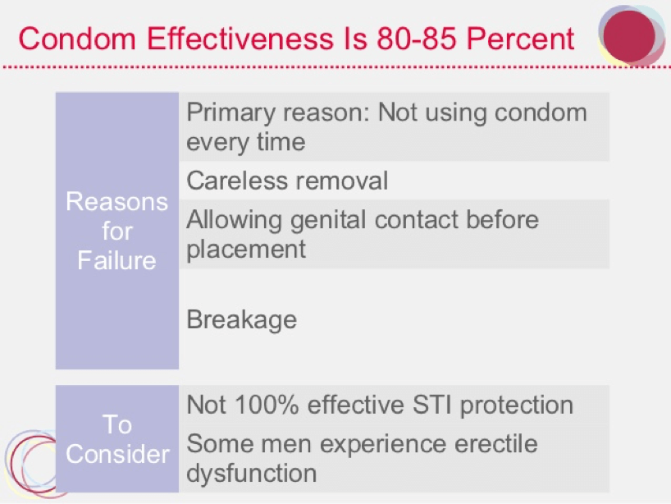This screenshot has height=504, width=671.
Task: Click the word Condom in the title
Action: (77, 39)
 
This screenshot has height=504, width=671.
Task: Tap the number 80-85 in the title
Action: (416, 39)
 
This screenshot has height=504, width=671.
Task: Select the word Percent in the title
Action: (520, 39)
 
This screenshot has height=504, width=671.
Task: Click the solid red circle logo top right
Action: (629, 36)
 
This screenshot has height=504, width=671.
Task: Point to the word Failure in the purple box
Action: (116, 260)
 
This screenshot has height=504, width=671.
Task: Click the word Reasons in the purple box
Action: (116, 201)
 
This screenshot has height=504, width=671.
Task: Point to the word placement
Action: (246, 250)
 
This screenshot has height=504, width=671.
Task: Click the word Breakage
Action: (242, 320)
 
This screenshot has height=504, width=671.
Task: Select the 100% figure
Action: (267, 405)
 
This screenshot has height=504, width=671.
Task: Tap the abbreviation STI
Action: (431, 405)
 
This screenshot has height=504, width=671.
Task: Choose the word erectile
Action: (496, 443)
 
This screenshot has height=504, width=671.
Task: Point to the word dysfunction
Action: (252, 474)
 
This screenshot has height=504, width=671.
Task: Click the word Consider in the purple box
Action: (117, 454)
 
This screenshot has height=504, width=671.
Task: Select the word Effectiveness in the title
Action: (240, 39)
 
